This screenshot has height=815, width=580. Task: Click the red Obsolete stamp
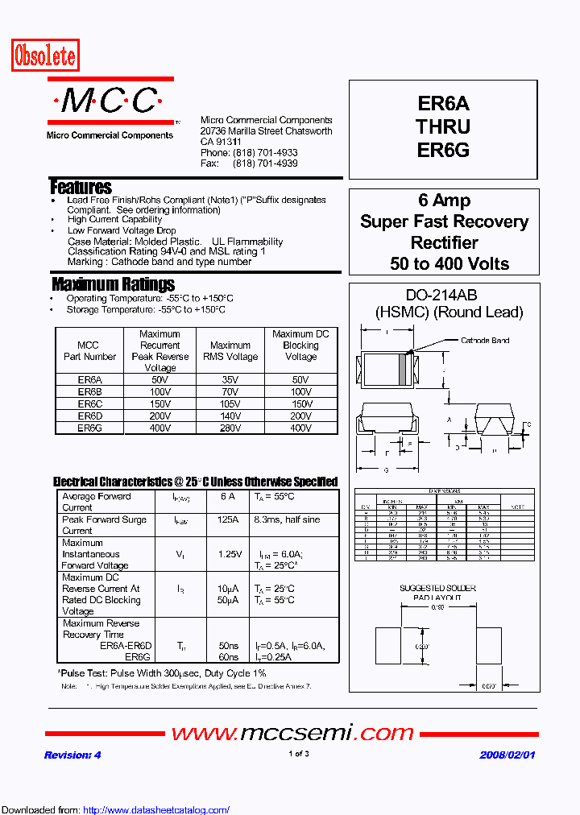click(x=45, y=56)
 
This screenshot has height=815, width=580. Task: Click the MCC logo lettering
click(x=110, y=101)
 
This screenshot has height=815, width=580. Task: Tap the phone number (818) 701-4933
click(x=265, y=152)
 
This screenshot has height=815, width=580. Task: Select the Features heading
click(x=81, y=187)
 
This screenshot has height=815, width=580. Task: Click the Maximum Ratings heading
click(x=113, y=284)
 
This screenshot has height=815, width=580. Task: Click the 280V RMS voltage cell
click(x=230, y=428)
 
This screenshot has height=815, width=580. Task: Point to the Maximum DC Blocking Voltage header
click(x=300, y=345)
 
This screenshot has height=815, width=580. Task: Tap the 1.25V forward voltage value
click(x=229, y=554)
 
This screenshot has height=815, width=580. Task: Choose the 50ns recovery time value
click(x=228, y=646)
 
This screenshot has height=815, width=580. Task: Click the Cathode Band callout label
click(x=485, y=341)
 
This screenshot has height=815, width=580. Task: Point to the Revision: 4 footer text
click(x=72, y=755)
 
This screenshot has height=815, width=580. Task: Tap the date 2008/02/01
click(x=507, y=755)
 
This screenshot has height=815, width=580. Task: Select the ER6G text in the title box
click(x=443, y=150)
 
